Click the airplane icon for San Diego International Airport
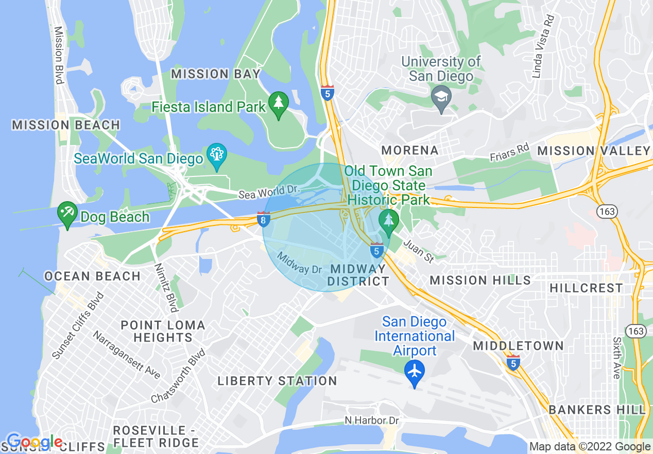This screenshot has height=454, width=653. pyautogui.click(x=414, y=371)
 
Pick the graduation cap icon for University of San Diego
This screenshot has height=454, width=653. pyautogui.click(x=441, y=95)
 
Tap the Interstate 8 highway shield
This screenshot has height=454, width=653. pyautogui.click(x=263, y=219)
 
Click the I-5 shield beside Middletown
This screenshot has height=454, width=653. pyautogui.click(x=513, y=363)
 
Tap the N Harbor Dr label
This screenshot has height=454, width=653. pyautogui.click(x=371, y=420)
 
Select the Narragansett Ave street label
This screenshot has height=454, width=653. pyautogui.click(x=126, y=354)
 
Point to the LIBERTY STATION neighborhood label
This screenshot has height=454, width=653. pyautogui.click(x=277, y=381)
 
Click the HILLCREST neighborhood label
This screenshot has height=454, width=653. pyautogui.click(x=586, y=288)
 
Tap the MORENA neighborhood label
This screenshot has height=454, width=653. pyautogui.click(x=410, y=150)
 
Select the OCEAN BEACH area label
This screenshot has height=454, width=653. pyautogui.click(x=92, y=276)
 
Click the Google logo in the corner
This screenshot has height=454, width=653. pyautogui.click(x=35, y=442)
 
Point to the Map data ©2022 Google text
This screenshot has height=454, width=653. pyautogui.click(x=590, y=447)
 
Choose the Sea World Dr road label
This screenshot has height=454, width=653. pyautogui.click(x=269, y=192)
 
